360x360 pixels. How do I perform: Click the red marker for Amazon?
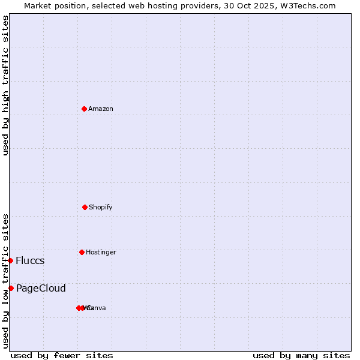(85, 109)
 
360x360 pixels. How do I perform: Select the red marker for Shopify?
(85, 207)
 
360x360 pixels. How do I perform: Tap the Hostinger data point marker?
(82, 252)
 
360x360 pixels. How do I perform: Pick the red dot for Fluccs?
(11, 260)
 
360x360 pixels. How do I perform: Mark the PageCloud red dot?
(11, 288)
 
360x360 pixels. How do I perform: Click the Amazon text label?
(101, 109)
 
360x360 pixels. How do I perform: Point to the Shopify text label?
(101, 207)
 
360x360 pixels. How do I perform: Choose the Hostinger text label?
(101, 252)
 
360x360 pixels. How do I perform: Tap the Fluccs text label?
(30, 260)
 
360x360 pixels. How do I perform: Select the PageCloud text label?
(41, 288)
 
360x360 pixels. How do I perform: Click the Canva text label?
(96, 308)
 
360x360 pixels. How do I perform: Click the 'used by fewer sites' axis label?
(62, 355)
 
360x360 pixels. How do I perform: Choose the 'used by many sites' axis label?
(301, 355)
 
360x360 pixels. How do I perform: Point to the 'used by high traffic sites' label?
(5, 85)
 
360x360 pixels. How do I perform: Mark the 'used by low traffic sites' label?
(5, 281)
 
